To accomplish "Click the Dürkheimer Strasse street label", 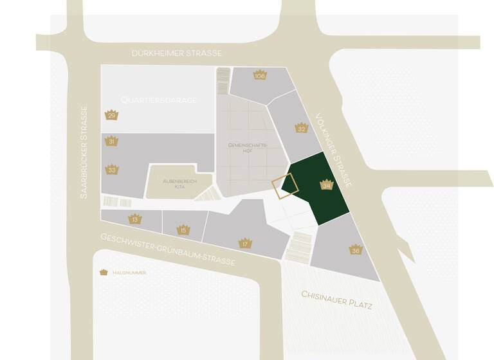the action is click(x=176, y=53).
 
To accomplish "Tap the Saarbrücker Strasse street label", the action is click(x=83, y=152).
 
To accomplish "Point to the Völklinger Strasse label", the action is click(x=334, y=150).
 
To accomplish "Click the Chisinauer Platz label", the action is click(x=337, y=300).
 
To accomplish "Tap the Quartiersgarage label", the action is click(x=159, y=100).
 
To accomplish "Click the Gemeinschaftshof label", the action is click(x=244, y=148).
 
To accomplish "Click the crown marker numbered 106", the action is click(x=260, y=75).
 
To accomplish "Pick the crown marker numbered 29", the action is click(x=111, y=115).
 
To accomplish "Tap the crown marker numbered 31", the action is click(x=111, y=141).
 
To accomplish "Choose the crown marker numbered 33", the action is click(x=112, y=170).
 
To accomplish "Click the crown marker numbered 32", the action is click(x=301, y=127).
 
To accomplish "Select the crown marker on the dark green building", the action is click(x=326, y=184).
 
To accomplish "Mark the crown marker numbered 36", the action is click(x=356, y=249).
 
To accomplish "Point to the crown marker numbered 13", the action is click(x=134, y=219).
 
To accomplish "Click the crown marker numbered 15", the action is click(x=183, y=229).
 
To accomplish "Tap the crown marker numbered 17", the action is click(x=244, y=243).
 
